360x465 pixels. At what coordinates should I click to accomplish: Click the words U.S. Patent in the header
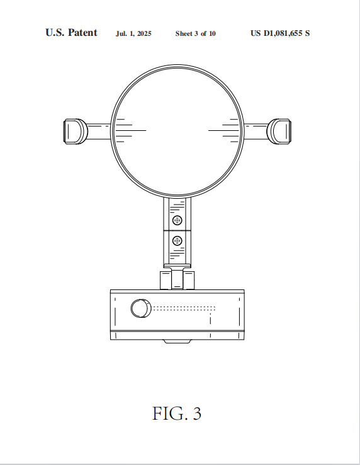pos(71,33)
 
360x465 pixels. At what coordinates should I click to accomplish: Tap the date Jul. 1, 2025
pos(133,33)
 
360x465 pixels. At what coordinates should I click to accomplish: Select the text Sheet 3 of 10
pos(196,33)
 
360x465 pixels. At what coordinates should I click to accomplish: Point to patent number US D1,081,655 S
pos(280,33)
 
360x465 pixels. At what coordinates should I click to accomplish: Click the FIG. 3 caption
pos(177,413)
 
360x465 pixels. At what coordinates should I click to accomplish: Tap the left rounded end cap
pos(76,132)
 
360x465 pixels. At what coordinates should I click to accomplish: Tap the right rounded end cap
pos(279,132)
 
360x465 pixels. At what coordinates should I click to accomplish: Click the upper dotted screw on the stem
pos(177,220)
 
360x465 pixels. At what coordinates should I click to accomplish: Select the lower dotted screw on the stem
pos(177,241)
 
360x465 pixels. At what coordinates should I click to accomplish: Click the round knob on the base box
pos(141,308)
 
